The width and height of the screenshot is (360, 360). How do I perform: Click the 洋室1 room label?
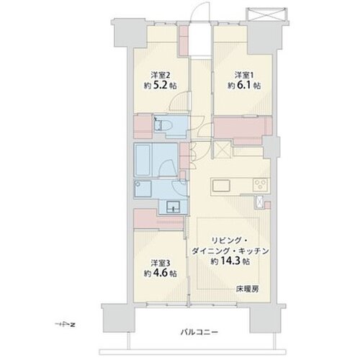(244, 76)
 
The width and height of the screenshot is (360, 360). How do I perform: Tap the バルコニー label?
(199, 332)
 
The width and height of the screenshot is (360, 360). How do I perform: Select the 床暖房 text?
(248, 289)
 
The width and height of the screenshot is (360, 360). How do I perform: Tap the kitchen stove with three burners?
(261, 185)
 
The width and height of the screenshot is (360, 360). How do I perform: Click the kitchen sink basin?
(221, 186)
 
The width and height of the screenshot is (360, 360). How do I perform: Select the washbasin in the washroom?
(174, 206)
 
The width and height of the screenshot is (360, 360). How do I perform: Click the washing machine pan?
(143, 189)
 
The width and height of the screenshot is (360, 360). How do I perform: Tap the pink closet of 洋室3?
(158, 218)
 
